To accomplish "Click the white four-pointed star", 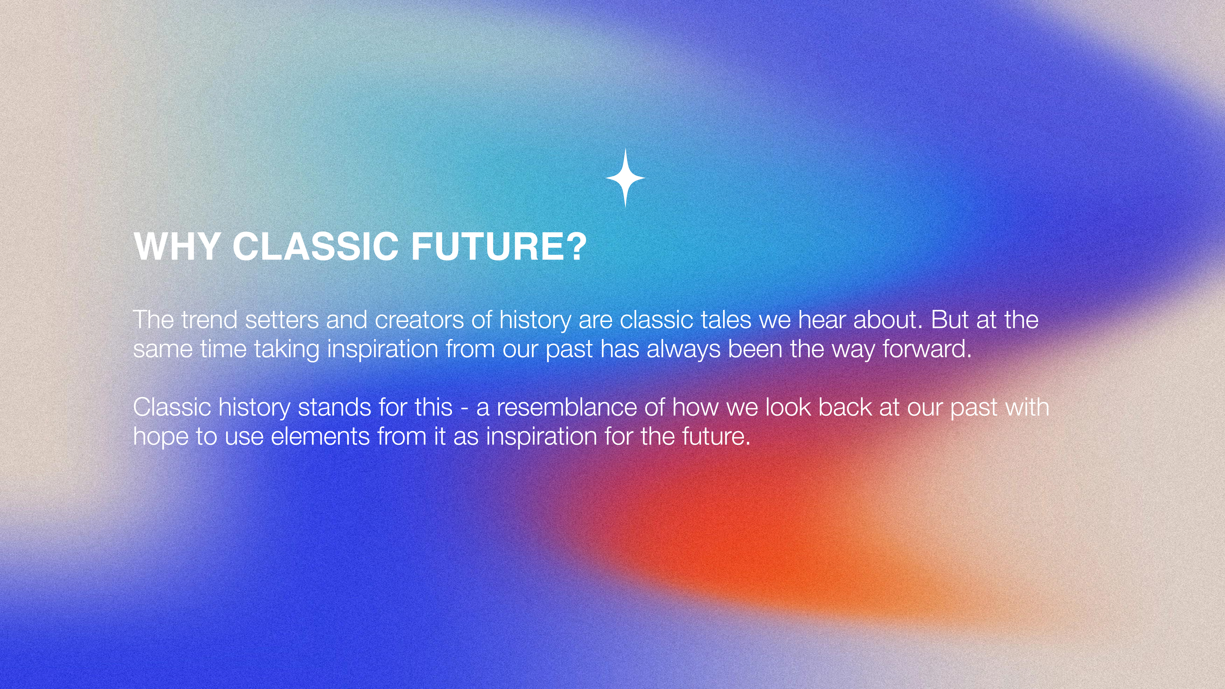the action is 625,178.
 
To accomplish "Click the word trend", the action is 209,320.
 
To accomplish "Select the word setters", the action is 282,320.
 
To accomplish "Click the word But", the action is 950,320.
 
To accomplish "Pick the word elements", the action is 320,437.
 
